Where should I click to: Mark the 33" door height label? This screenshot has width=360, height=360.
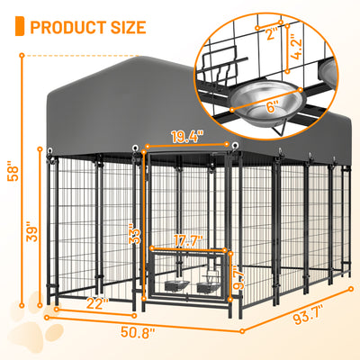132,236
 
